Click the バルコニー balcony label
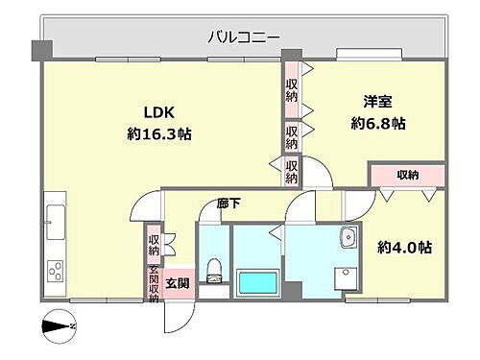click(x=245, y=37)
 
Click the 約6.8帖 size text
click(x=378, y=124)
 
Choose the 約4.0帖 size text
click(x=403, y=247)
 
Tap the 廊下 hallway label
click(x=228, y=204)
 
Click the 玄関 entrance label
click(x=176, y=283)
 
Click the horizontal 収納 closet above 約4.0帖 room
click(x=407, y=175)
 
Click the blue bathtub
click(x=256, y=283)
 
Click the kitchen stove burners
click(x=56, y=270)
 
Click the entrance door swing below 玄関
click(x=180, y=312)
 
